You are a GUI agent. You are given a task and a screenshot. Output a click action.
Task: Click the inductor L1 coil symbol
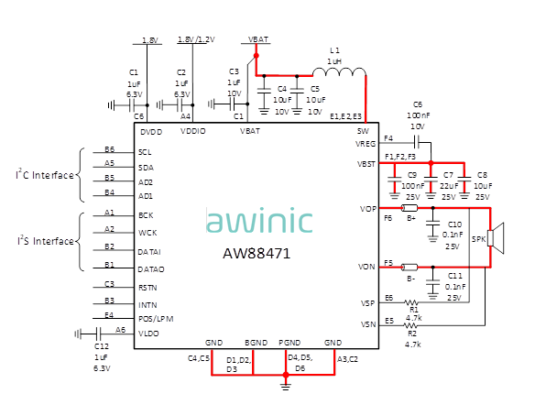[339, 72]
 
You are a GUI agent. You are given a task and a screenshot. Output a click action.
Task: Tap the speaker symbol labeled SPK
[496, 238]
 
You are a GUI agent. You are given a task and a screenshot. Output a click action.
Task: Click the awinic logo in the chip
[259, 220]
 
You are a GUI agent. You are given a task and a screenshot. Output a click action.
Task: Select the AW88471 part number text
[257, 254]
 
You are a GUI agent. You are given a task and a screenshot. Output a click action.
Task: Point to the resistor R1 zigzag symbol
[411, 302]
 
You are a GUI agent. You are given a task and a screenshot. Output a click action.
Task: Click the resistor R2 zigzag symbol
[410, 325]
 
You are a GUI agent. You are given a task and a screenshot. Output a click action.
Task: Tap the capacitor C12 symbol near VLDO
[98, 334]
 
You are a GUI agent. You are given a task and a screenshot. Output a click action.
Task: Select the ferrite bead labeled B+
[409, 208]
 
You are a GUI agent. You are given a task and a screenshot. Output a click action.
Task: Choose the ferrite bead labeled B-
[409, 267]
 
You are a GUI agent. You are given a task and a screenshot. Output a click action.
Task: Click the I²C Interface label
[45, 175]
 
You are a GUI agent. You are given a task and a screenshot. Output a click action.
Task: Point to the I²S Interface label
[46, 241]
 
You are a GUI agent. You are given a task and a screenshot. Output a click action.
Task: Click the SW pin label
[363, 131]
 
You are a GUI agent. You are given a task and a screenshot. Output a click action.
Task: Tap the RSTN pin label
[147, 288]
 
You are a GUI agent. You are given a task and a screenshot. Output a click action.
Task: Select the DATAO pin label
[151, 269]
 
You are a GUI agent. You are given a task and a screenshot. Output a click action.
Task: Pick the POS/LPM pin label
[156, 319]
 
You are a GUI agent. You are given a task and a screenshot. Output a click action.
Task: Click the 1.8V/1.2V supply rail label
[196, 39]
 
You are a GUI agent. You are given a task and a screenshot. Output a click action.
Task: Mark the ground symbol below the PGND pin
[286, 387]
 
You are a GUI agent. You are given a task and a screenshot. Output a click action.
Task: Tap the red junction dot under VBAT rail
[257, 55]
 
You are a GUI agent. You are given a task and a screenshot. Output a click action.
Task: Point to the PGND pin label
[289, 343]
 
